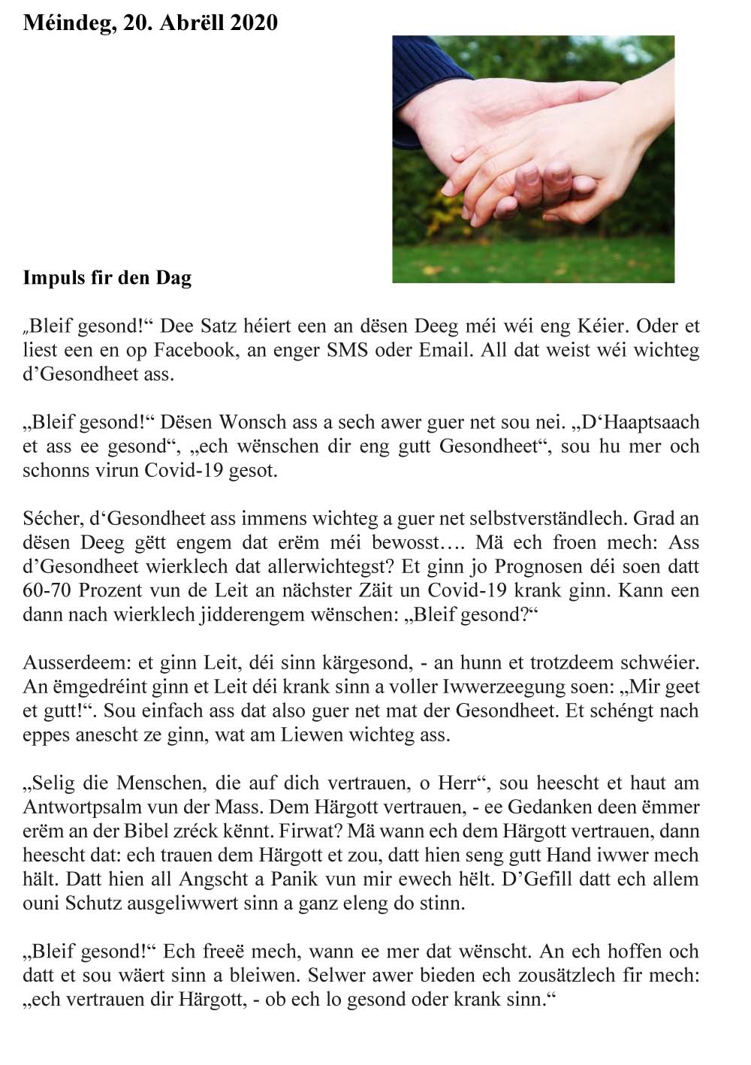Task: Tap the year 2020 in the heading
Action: click(x=254, y=23)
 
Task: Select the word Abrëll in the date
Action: click(x=189, y=23)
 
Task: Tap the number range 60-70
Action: click(x=46, y=590)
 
